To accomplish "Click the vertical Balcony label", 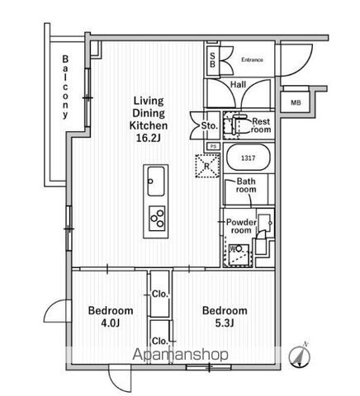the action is [65, 87].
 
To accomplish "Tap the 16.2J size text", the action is [148, 138].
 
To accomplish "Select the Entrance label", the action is [252, 59].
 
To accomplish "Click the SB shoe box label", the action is [213, 60].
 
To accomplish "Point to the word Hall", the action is [238, 84].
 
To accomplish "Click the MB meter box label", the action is [296, 103].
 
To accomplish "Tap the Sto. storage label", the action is [210, 126].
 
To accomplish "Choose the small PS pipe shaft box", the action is [213, 147].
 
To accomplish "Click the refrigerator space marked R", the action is [207, 166].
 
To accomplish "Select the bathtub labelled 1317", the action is [249, 158].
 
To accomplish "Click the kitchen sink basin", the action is [156, 181].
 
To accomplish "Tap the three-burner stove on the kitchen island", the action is [157, 218].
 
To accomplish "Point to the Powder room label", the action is [241, 226].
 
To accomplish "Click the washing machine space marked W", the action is [238, 255].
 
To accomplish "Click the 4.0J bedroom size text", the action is [111, 323].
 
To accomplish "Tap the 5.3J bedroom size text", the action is [225, 323].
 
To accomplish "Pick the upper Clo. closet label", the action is [160, 294].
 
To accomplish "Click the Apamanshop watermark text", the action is [180, 355].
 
